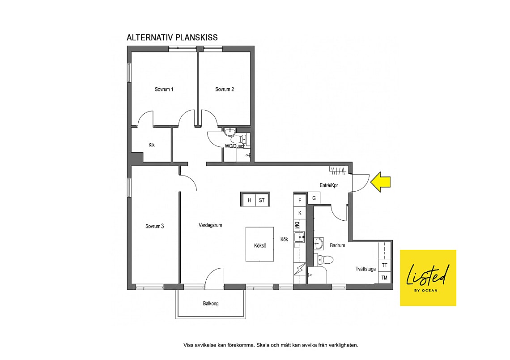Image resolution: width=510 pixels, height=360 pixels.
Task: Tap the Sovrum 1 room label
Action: (164, 89)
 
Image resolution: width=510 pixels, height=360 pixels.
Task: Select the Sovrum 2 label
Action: (225, 89)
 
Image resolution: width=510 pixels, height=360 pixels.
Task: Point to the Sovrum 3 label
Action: (154, 226)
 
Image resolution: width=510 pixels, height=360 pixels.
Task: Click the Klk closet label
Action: (152, 145)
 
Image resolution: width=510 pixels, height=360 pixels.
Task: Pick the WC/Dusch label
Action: (235, 146)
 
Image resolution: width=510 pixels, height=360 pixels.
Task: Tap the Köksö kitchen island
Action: (259, 244)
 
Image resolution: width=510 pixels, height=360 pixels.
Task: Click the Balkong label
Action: (211, 304)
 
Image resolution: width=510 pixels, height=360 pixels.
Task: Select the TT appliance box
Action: (384, 265)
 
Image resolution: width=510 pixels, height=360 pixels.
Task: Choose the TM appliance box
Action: (384, 278)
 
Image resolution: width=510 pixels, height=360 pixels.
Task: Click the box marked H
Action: (249, 200)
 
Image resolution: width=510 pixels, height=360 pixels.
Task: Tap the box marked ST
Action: (262, 200)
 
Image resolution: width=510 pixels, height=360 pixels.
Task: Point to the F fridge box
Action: (300, 201)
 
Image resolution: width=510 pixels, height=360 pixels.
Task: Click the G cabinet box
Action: (314, 198)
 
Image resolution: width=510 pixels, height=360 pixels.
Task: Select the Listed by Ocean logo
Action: (428, 278)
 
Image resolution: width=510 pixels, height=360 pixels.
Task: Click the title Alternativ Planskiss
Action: (172, 38)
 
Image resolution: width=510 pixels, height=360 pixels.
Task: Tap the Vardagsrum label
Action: (210, 225)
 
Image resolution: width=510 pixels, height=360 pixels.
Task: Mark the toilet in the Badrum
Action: (325, 260)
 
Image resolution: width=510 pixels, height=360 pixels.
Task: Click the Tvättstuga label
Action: (365, 269)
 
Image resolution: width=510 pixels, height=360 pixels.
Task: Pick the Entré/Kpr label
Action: (329, 185)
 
